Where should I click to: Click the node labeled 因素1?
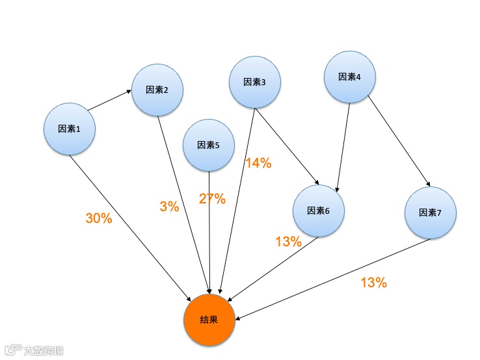70,129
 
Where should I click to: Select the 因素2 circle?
157,90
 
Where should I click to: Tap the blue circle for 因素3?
254,82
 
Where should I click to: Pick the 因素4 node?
350,77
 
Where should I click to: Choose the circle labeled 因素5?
209,145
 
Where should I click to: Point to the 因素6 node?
318,211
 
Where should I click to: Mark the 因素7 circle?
430,212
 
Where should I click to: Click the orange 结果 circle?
209,320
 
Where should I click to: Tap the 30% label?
99,218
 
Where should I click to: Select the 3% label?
169,207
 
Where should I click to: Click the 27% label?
212,199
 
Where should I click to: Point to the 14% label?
258,164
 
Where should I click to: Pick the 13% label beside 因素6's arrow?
288,242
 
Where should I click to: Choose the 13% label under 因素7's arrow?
373,283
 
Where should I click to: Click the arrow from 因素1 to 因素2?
109,100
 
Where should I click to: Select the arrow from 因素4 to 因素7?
399,140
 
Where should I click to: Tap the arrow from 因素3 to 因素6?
287,147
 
